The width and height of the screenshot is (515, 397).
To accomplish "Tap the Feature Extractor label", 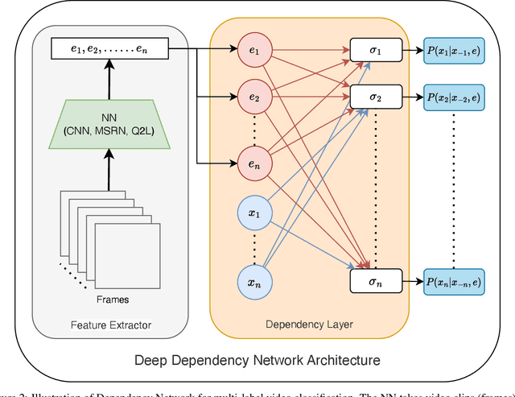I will click(x=111, y=325).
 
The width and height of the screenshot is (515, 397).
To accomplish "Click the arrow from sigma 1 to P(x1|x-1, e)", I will click(x=410, y=50).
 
